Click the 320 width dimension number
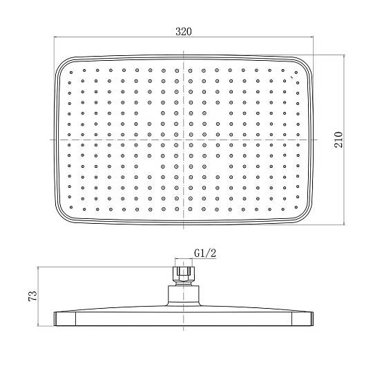click(x=184, y=31)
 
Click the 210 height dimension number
click(x=338, y=140)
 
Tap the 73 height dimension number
click(x=32, y=296)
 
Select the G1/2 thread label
click(x=205, y=253)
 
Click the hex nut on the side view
click(x=184, y=274)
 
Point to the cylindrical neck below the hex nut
click(x=184, y=294)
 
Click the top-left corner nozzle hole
click(x=71, y=73)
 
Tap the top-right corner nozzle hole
click(x=296, y=73)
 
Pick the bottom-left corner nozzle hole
click(x=71, y=207)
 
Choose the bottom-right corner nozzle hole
click(x=296, y=207)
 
